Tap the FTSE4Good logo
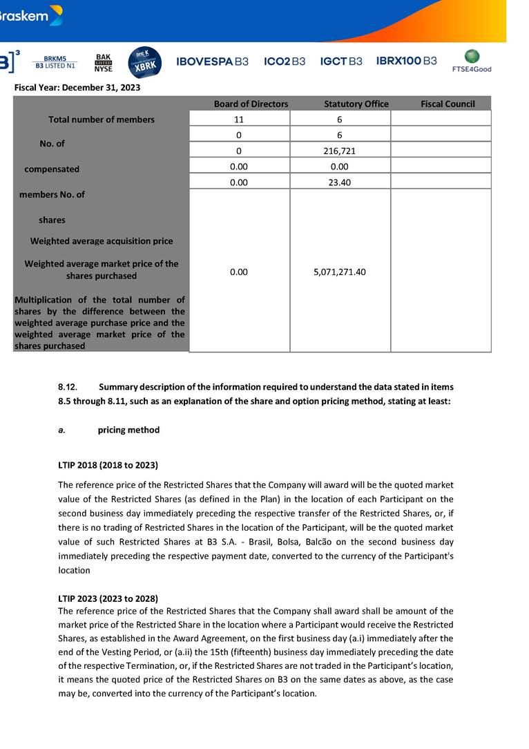coord(472,61)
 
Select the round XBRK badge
coord(145,62)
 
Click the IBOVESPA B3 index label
coord(212,61)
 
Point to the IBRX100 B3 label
coord(406,61)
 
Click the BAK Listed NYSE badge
coord(104,63)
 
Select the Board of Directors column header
coord(251,104)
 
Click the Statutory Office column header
coord(356,104)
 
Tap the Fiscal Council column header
coord(448,104)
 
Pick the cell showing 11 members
coord(239,119)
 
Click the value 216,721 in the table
coord(340,150)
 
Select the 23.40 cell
coord(340,181)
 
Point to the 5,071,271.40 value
coord(340,272)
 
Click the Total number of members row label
coord(102,120)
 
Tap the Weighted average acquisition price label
coord(102,241)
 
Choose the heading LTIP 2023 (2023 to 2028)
coord(108,598)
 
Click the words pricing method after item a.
coord(128,430)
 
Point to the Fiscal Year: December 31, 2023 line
coord(77,88)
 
